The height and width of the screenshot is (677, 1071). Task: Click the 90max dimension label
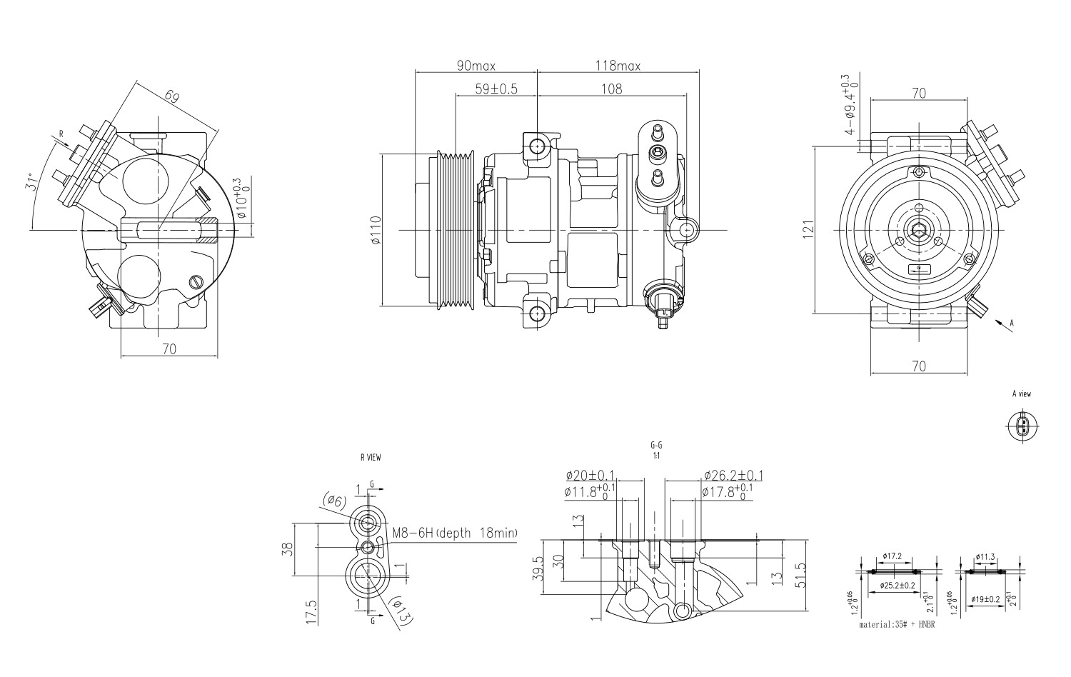pos(476,66)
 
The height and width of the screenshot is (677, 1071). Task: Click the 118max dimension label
pos(618,66)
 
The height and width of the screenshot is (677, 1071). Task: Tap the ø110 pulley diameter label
pos(376,231)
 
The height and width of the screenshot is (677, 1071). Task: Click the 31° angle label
pos(29,183)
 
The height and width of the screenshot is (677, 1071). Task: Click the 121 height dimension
pos(808,230)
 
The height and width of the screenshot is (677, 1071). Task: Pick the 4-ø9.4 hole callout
pos(849,105)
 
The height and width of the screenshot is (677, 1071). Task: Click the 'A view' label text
pos(1021,393)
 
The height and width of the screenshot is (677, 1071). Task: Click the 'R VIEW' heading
pos(370,458)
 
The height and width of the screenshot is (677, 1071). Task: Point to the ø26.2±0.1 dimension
pos(733,476)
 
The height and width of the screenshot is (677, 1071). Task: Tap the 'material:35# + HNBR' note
pos(897,624)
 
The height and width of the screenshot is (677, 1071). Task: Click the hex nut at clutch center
pos(918,230)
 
